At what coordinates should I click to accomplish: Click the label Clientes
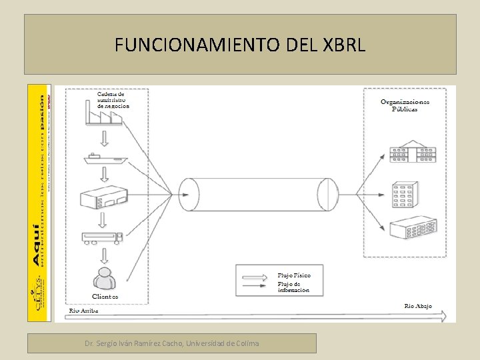[105, 296]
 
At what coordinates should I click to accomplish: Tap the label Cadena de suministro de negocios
[113, 99]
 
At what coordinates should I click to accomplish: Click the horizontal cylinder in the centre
[254, 194]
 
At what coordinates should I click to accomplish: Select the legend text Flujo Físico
[294, 275]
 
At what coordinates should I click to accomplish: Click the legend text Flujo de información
[293, 287]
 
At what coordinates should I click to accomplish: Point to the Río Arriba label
[84, 311]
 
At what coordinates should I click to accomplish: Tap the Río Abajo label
[418, 306]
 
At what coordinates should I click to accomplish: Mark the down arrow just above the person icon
[104, 255]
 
